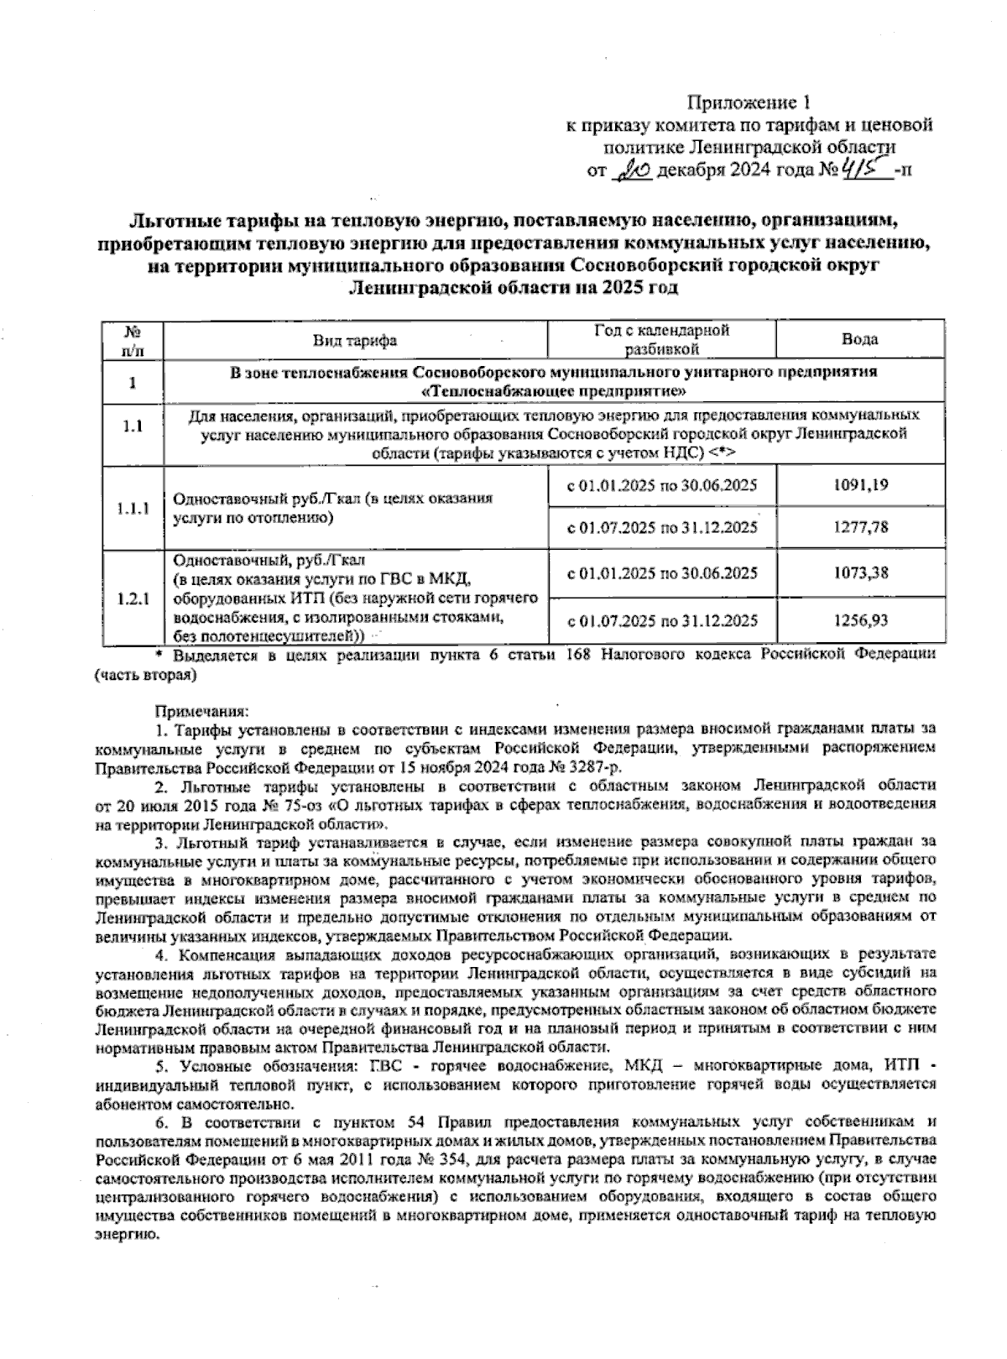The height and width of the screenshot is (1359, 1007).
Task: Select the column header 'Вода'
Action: click(x=859, y=339)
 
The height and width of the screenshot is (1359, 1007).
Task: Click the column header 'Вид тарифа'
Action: click(x=355, y=340)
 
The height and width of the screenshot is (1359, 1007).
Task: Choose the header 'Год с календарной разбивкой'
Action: click(x=661, y=339)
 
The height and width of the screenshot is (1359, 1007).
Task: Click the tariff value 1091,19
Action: click(x=861, y=485)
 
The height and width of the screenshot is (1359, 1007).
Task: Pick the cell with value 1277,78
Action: click(x=861, y=528)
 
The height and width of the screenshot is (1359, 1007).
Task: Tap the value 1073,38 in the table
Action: click(x=861, y=573)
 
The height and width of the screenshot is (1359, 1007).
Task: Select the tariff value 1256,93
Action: click(x=861, y=620)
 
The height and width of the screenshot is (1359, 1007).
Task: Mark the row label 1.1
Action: click(x=130, y=426)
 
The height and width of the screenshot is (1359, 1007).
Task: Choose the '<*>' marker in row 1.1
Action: click(x=723, y=452)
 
